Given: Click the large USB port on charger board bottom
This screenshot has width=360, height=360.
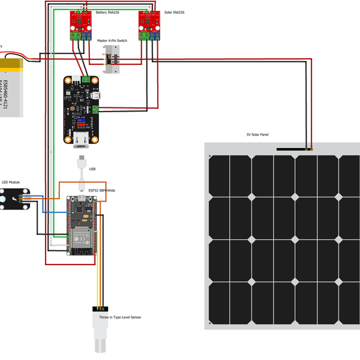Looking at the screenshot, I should [82, 142].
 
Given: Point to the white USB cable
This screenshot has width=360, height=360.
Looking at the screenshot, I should [82, 171].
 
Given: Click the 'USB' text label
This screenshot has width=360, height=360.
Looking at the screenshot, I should [92, 169].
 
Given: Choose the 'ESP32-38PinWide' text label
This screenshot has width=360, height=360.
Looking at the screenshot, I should [102, 190].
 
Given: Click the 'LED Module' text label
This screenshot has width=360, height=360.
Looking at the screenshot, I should [11, 182].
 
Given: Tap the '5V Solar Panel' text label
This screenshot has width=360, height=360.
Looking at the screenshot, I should [257, 136].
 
